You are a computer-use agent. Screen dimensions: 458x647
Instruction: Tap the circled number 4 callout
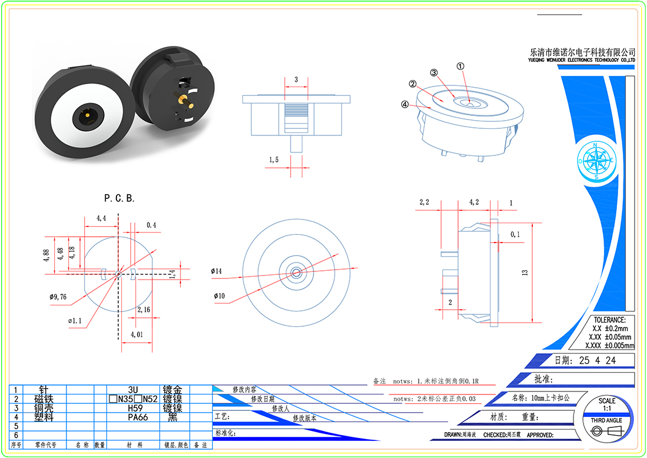coord(405,105)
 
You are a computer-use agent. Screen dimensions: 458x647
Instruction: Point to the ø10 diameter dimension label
coord(218,296)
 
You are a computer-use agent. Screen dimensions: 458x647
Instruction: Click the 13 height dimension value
coord(525,272)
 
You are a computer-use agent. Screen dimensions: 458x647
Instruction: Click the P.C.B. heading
coord(119,198)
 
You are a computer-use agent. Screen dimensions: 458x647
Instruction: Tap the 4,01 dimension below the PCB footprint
coord(136,334)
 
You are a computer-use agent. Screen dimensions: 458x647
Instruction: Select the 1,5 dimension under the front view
coord(274,160)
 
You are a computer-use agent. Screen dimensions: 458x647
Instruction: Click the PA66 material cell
coord(138,417)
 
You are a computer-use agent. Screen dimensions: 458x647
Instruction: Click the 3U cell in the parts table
coord(133,390)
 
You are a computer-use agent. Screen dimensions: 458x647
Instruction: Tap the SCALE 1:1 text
coord(607,404)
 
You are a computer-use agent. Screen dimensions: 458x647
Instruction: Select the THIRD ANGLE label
coord(606,420)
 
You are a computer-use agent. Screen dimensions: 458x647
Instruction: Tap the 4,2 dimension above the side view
coord(473,203)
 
